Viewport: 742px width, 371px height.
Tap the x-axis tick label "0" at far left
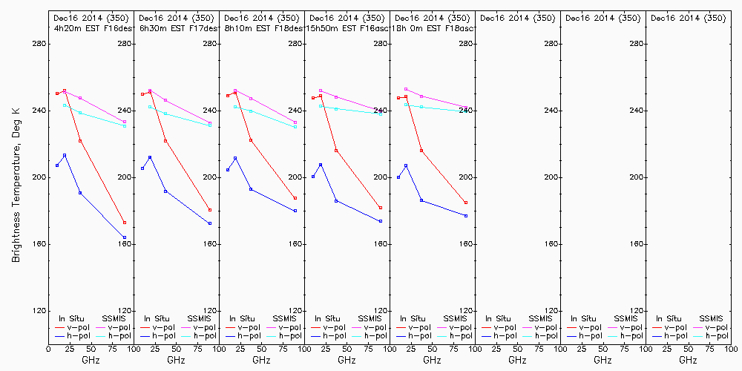48,347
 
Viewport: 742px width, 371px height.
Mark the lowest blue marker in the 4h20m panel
125,237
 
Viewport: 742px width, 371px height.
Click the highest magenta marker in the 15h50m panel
321,91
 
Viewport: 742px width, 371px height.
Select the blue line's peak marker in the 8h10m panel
235,158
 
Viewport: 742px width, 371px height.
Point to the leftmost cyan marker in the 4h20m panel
65,105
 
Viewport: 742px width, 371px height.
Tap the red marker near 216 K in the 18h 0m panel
421,151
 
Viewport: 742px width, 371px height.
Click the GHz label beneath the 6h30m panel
176,360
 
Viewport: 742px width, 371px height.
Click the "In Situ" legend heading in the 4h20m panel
73,318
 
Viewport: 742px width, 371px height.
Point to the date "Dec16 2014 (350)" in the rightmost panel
688,18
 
